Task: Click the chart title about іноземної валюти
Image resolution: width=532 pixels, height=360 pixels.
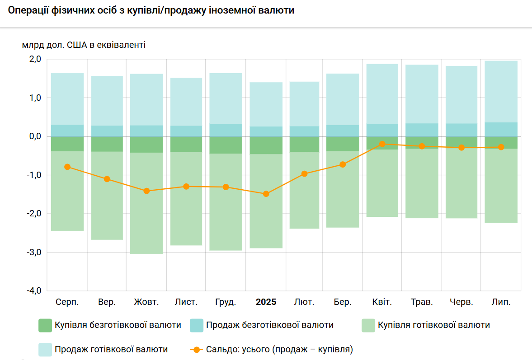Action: [151, 10]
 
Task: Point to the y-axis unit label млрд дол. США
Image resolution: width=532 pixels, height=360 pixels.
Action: [84, 45]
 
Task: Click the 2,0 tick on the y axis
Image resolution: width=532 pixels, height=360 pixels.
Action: [35, 59]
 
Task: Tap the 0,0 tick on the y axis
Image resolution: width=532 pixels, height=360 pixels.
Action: [35, 136]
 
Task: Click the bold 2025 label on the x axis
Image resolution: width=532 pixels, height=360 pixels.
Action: [266, 302]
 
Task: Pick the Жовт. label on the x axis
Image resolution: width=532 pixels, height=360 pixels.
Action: [146, 302]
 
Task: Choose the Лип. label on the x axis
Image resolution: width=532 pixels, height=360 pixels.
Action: [501, 302]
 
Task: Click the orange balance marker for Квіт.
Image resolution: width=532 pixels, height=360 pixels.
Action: [382, 144]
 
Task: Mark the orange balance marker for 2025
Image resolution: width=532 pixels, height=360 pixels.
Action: [266, 194]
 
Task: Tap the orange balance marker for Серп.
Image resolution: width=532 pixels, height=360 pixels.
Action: [67, 167]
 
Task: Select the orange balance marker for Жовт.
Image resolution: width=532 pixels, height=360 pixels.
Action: [146, 191]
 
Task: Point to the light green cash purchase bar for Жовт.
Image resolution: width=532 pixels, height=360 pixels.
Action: [146, 203]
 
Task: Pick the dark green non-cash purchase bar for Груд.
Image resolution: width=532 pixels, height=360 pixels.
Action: [226, 145]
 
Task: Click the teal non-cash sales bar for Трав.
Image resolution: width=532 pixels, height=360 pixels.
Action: [422, 130]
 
